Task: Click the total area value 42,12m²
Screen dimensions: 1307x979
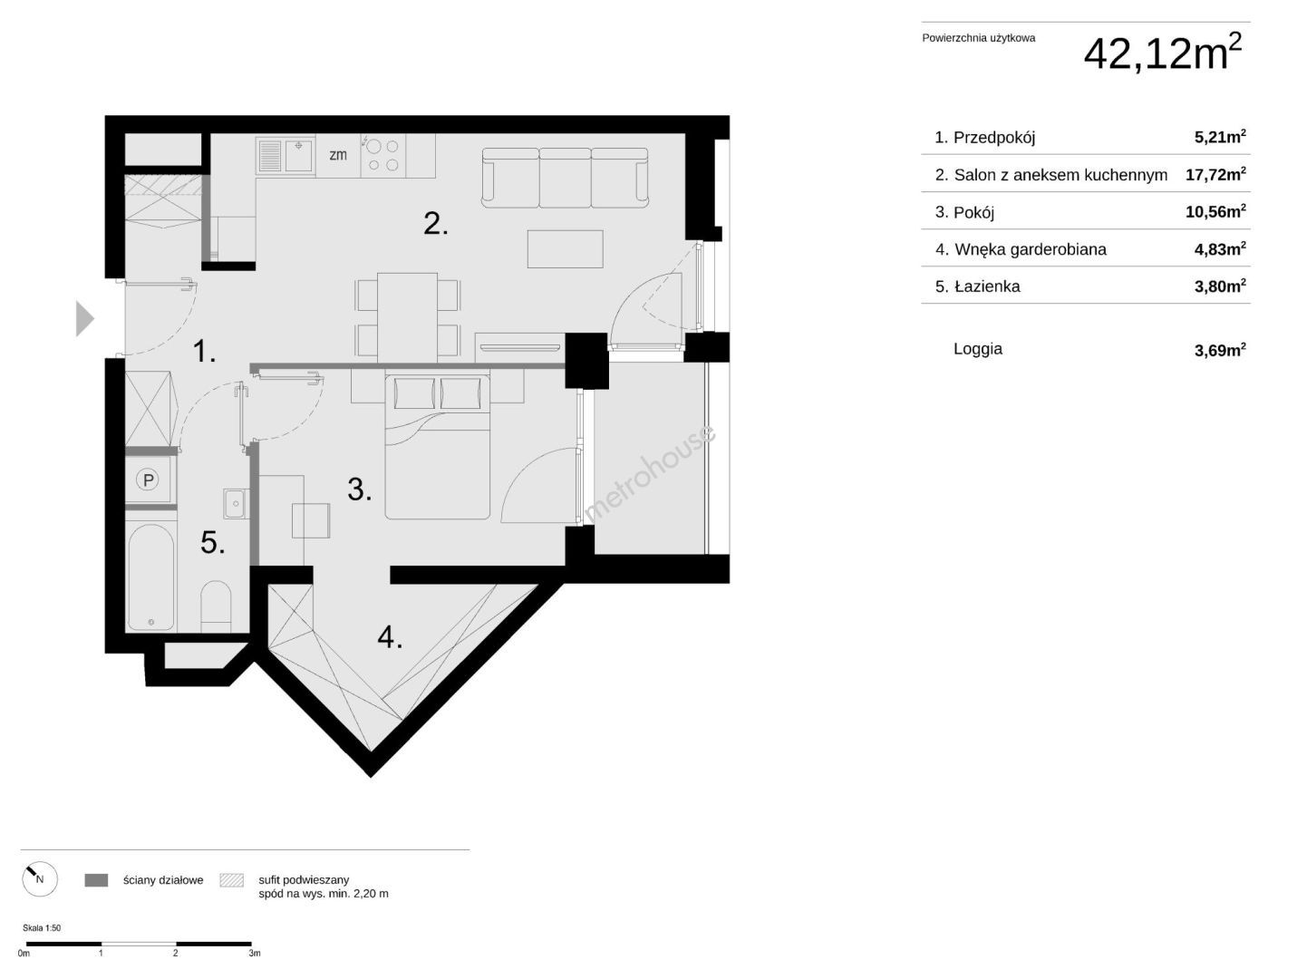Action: pyautogui.click(x=1162, y=53)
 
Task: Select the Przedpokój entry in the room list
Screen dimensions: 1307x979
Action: pyautogui.click(x=984, y=138)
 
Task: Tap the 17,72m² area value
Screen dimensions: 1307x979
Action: pyautogui.click(x=1215, y=174)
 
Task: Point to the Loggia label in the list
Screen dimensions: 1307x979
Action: pyautogui.click(x=978, y=349)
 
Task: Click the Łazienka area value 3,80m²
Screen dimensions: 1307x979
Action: pyautogui.click(x=1220, y=286)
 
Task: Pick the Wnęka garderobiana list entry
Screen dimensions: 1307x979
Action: pyautogui.click(x=1021, y=249)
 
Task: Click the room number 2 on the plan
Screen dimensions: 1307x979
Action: pyautogui.click(x=435, y=223)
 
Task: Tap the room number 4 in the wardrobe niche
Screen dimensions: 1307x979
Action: pyautogui.click(x=390, y=637)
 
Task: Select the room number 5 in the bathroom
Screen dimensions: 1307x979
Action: pyautogui.click(x=213, y=542)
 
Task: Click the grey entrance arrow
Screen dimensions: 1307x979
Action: pyautogui.click(x=84, y=318)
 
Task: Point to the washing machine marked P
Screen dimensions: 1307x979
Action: pyautogui.click(x=148, y=480)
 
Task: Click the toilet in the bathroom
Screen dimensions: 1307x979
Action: pyautogui.click(x=216, y=606)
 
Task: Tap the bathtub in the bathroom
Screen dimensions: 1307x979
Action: pyautogui.click(x=151, y=577)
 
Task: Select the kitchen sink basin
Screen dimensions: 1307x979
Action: pyautogui.click(x=298, y=155)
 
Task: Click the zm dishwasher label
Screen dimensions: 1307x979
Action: pyautogui.click(x=337, y=155)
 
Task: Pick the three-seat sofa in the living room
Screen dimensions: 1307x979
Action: pyautogui.click(x=565, y=178)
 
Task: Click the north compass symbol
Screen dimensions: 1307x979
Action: pyautogui.click(x=39, y=878)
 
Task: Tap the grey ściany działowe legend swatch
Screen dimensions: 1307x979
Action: pyautogui.click(x=96, y=880)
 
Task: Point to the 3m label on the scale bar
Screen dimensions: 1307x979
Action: pyautogui.click(x=255, y=954)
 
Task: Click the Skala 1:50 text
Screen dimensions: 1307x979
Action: pyautogui.click(x=42, y=928)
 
